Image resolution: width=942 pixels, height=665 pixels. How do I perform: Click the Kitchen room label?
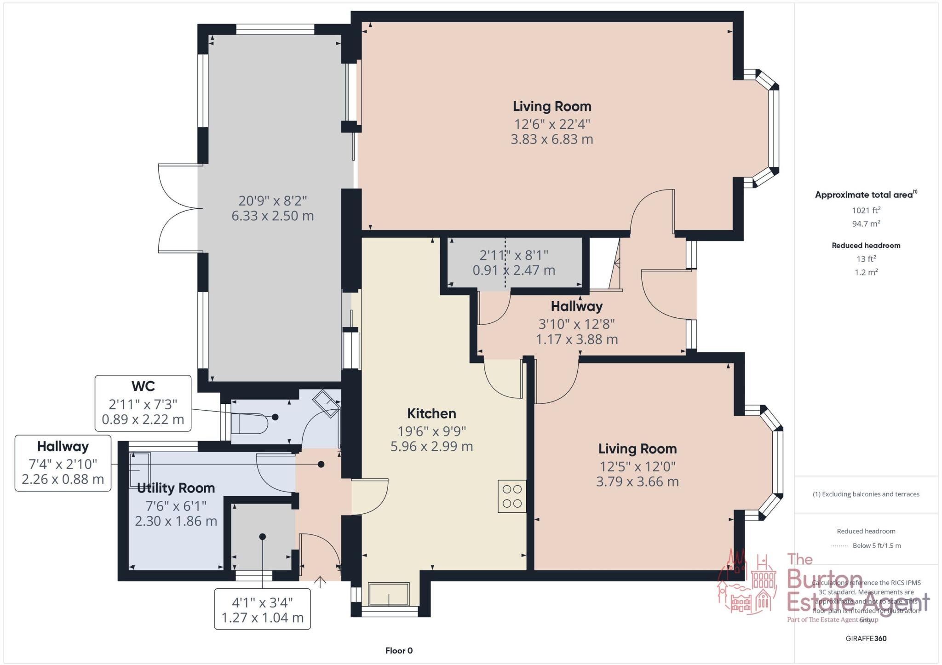(x=431, y=413)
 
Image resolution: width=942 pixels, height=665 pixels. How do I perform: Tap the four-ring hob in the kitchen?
(x=512, y=496)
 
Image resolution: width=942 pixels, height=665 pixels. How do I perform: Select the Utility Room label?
(x=176, y=488)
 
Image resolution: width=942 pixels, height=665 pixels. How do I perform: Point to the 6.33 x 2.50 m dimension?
(x=273, y=216)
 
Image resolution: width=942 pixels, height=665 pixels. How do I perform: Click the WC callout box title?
(x=143, y=386)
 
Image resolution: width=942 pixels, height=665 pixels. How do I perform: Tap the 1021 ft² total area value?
(x=866, y=211)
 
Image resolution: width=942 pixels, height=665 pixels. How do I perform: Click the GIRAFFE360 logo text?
(x=866, y=638)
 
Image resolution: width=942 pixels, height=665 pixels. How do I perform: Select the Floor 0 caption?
(x=399, y=651)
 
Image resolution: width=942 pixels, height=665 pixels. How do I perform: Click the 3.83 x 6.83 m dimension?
(x=551, y=139)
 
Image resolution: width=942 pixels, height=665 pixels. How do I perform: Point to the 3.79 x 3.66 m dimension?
(x=637, y=482)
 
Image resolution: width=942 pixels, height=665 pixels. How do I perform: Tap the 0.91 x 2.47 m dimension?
(x=514, y=270)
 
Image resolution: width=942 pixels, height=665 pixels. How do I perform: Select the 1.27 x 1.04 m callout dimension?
(x=262, y=618)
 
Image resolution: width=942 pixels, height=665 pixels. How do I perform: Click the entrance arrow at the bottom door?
(x=320, y=582)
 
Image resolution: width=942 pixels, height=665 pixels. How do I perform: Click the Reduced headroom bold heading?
(x=866, y=246)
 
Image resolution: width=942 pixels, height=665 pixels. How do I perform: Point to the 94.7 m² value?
(x=866, y=224)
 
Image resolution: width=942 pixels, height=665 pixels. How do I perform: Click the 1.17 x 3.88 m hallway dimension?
(x=576, y=339)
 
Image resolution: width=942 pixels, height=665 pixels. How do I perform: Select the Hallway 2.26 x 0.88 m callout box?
(x=63, y=463)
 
